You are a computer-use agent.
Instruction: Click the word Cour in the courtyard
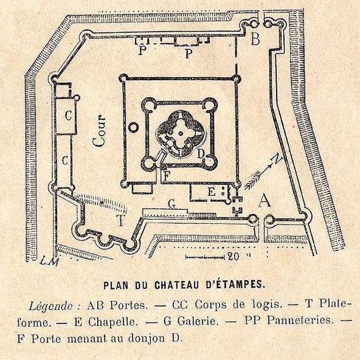[x=100, y=132]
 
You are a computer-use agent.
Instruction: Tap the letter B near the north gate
[x=255, y=39]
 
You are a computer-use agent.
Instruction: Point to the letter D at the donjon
[x=201, y=154]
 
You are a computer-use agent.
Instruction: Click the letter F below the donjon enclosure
[x=166, y=175]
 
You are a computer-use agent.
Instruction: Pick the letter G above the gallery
[x=173, y=204]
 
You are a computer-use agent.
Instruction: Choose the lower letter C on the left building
[x=65, y=160]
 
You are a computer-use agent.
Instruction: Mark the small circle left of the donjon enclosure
[x=133, y=125]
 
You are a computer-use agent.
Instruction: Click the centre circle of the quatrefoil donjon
[x=181, y=133]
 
